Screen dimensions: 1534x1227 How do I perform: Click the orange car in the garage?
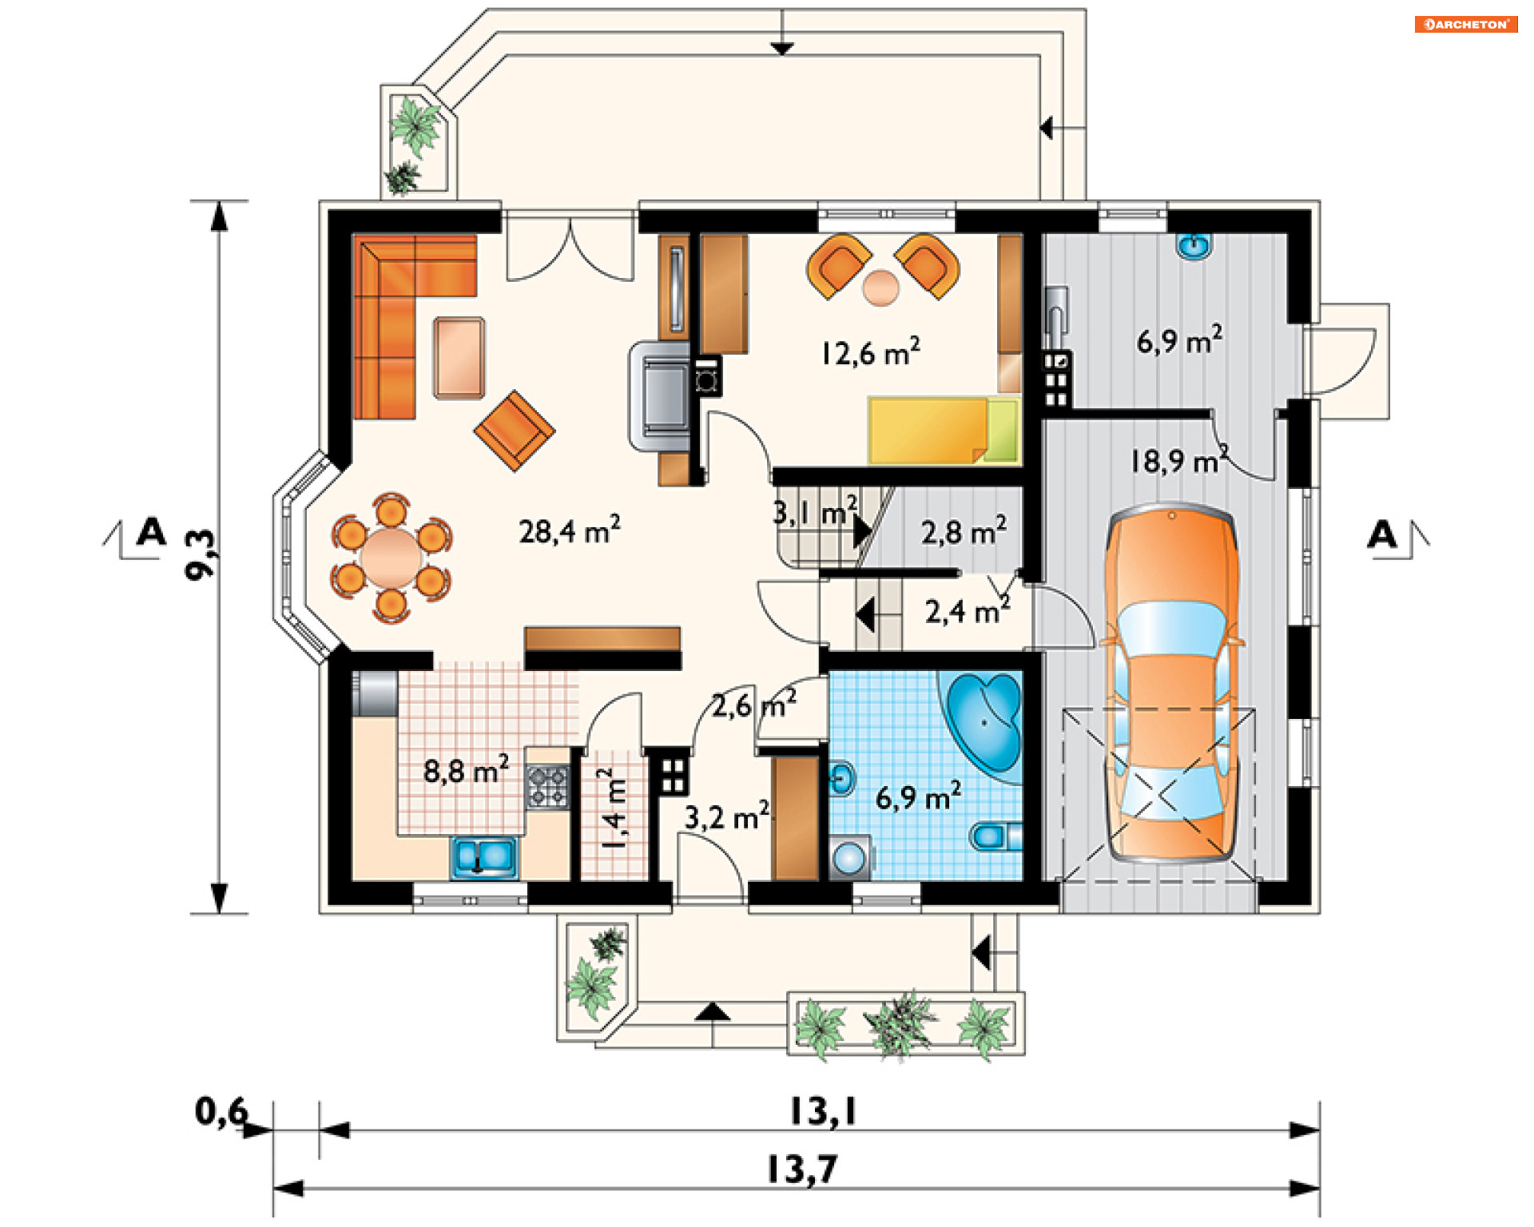click(1171, 683)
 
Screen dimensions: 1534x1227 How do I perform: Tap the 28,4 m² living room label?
click(569, 530)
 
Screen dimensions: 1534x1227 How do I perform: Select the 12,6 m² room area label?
click(870, 351)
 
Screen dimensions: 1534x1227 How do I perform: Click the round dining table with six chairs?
click(391, 557)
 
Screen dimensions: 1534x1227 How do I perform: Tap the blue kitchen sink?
click(484, 857)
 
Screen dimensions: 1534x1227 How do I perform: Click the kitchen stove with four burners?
click(548, 787)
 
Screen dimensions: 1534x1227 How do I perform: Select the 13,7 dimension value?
click(801, 1170)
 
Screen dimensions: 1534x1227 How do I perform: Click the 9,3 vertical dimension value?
click(201, 554)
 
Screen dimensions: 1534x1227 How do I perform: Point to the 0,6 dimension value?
click(221, 1111)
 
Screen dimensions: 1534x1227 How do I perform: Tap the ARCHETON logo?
click(1466, 25)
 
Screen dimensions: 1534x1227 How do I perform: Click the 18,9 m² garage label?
click(1179, 460)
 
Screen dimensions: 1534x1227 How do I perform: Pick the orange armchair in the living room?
click(515, 430)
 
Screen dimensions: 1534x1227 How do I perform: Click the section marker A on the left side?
click(151, 532)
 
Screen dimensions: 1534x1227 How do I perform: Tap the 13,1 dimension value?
click(823, 1111)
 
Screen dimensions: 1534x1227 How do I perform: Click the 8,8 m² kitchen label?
click(466, 770)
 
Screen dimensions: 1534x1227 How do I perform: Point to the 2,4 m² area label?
click(968, 611)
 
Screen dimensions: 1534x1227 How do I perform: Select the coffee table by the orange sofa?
click(459, 358)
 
